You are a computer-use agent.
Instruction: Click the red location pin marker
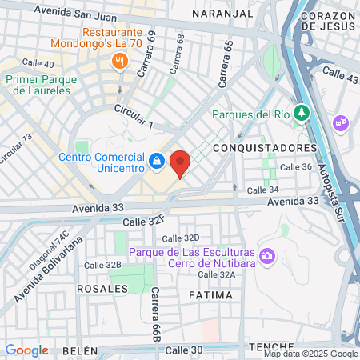(x=180, y=163)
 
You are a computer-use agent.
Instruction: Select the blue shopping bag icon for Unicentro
(x=157, y=162)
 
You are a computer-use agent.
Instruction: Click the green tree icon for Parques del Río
(x=301, y=113)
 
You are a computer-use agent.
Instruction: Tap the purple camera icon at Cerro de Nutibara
(x=266, y=257)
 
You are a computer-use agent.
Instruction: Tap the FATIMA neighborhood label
(x=211, y=295)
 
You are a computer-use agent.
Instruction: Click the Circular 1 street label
(x=133, y=116)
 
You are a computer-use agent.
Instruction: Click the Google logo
(x=26, y=350)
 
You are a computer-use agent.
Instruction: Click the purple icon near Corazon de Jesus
(x=340, y=122)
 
